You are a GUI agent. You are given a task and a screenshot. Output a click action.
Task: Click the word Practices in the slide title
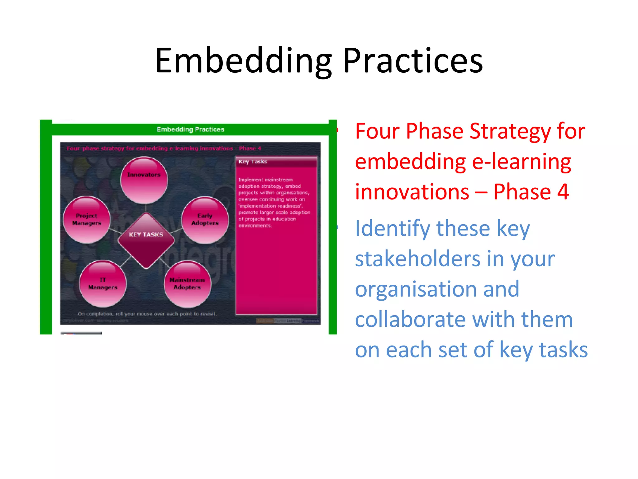413,61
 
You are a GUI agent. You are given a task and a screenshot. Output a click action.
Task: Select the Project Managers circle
87,220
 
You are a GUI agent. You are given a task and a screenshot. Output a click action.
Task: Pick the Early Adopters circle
205,220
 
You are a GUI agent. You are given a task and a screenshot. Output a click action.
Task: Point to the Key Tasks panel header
276,162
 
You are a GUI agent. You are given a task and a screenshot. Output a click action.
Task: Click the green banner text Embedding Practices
190,129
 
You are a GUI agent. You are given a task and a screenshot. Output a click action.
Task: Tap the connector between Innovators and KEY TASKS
146,208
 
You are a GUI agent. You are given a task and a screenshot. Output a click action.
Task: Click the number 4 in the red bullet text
563,191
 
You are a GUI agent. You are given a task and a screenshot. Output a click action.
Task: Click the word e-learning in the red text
521,162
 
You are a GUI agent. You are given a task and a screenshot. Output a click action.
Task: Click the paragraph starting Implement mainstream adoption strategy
274,203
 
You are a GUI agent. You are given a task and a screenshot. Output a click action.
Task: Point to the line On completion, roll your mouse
147,314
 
